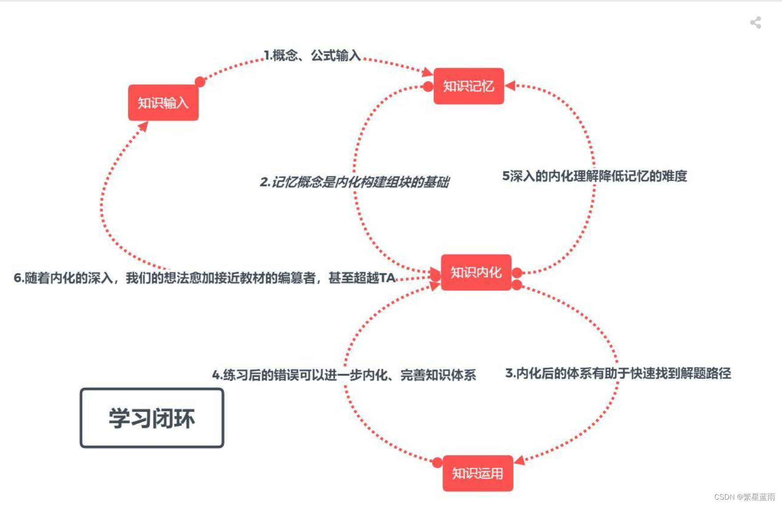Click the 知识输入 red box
click(163, 102)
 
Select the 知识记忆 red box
click(468, 86)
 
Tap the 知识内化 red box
click(476, 272)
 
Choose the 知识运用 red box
click(478, 473)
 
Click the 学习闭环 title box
click(152, 418)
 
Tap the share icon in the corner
click(755, 23)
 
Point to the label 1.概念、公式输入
click(312, 55)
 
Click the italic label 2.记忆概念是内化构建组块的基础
click(354, 182)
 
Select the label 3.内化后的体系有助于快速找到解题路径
click(618, 373)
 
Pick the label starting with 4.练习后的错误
click(344, 375)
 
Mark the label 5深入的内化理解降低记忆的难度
click(594, 176)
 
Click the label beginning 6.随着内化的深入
click(204, 278)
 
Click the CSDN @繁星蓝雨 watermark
click(744, 497)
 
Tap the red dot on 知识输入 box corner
click(200, 82)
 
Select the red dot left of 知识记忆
click(428, 86)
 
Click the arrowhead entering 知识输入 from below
click(143, 127)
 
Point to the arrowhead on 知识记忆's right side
click(510, 86)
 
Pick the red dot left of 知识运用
click(437, 463)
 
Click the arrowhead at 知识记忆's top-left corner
click(427, 71)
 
